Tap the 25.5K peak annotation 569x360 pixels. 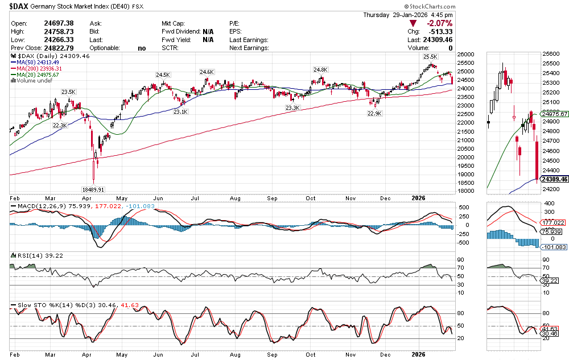tap(430, 57)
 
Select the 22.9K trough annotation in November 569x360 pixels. tap(374, 113)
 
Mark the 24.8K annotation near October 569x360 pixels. tap(321, 69)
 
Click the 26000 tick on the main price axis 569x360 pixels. tap(465, 54)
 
